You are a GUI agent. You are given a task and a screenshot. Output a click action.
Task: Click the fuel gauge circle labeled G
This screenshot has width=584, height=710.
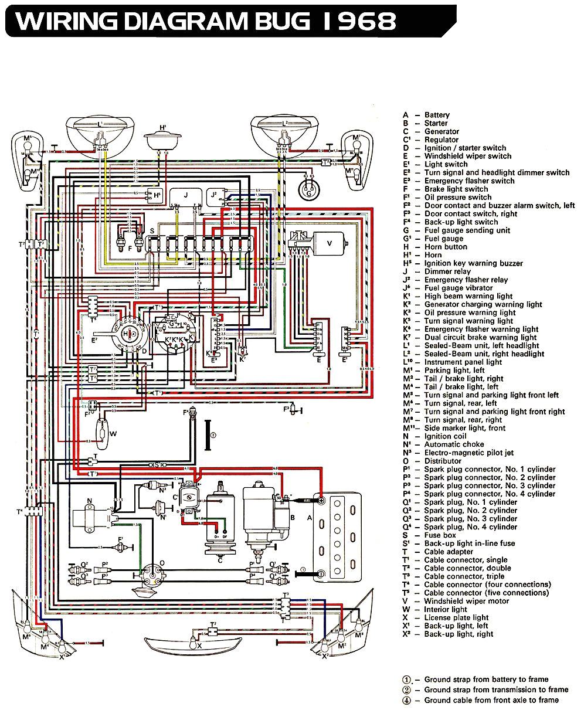coord(308,189)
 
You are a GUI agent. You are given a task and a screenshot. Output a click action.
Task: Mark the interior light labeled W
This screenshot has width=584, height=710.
coord(104,433)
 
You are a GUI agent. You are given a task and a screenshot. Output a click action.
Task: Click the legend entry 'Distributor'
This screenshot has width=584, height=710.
coord(446,461)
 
